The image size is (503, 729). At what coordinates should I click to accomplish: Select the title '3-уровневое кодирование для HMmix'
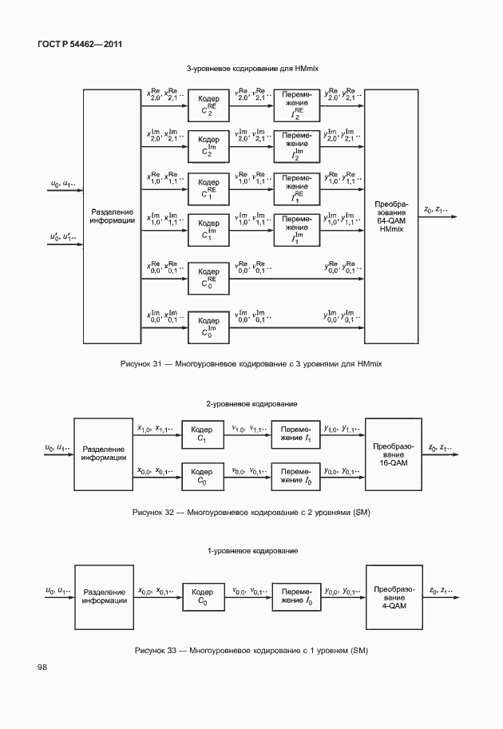pos(252,69)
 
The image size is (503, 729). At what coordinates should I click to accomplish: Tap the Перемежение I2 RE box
pos(297,105)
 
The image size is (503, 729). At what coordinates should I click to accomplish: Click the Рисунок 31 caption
pos(251,364)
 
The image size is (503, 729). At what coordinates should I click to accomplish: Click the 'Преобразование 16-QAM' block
pos(390,454)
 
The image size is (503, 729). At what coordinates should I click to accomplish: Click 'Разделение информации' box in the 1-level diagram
pos(104,596)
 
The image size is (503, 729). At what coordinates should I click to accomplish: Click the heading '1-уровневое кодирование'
pos(252,551)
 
